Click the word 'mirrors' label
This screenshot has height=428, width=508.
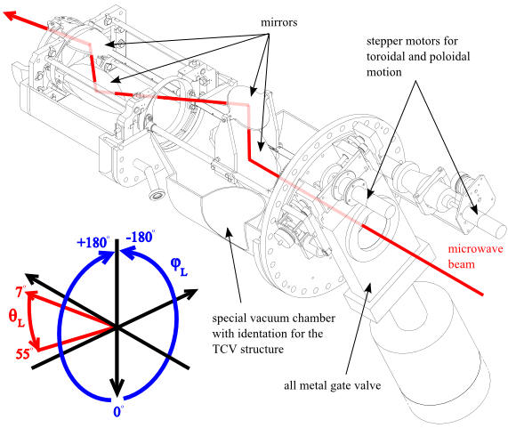click(279, 22)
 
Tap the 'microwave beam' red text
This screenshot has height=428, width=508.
click(475, 256)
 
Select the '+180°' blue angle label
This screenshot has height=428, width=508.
click(93, 242)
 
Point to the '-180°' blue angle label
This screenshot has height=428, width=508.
click(141, 237)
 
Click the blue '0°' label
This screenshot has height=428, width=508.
click(118, 411)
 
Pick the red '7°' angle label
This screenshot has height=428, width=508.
click(20, 292)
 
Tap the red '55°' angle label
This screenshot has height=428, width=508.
click(24, 354)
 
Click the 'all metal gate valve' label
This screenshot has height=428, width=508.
click(333, 385)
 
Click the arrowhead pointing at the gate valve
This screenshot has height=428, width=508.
click(367, 287)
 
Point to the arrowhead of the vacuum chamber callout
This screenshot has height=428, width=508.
click(229, 231)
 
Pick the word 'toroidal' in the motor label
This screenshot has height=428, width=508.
click(383, 57)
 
